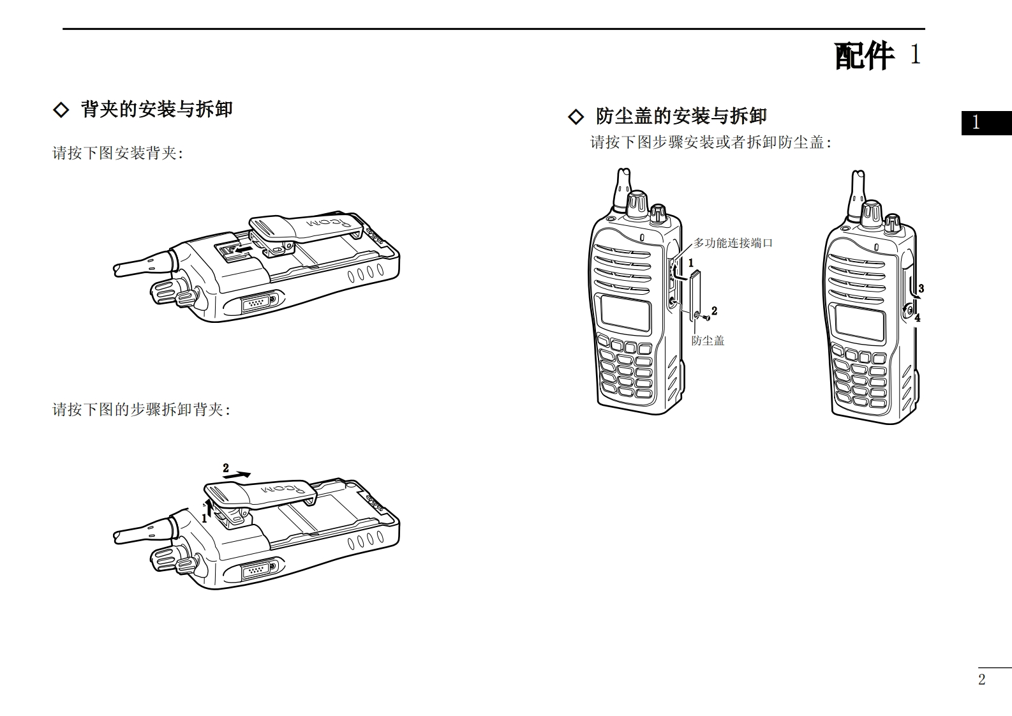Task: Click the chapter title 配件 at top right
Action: tap(864, 56)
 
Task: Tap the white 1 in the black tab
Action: tap(976, 123)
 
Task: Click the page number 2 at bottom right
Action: tap(981, 680)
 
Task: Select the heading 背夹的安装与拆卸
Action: tap(156, 109)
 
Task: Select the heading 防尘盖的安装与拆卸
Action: tap(681, 116)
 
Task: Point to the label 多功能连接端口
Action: tap(733, 243)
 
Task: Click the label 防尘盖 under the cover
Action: tap(708, 341)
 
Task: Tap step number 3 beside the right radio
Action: tap(921, 289)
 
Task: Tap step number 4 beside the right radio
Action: tap(918, 318)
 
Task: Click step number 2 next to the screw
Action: tap(714, 311)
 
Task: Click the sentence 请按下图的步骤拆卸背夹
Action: tap(141, 410)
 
